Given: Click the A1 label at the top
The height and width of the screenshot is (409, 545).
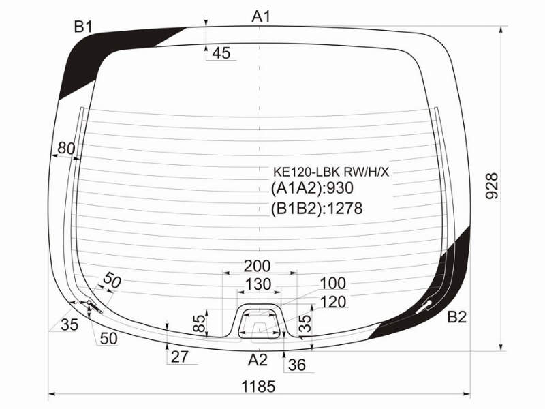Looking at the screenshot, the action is click(x=261, y=16).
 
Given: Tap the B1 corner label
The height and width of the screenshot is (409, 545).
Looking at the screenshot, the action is click(x=82, y=27).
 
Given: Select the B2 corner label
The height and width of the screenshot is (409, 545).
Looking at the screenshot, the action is click(x=456, y=317).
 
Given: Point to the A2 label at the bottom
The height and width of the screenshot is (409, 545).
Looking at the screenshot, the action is click(x=258, y=360).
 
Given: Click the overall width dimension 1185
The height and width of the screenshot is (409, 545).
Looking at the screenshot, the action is click(x=258, y=387).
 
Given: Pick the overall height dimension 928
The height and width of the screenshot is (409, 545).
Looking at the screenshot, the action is click(x=492, y=186).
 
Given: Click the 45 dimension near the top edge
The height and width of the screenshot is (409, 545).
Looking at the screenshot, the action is click(x=221, y=53).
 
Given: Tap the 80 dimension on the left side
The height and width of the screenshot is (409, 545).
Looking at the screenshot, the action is click(x=66, y=149).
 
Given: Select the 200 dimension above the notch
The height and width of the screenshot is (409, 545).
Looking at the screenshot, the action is click(x=258, y=266).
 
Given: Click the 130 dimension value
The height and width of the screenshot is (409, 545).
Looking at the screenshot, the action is click(x=258, y=284).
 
